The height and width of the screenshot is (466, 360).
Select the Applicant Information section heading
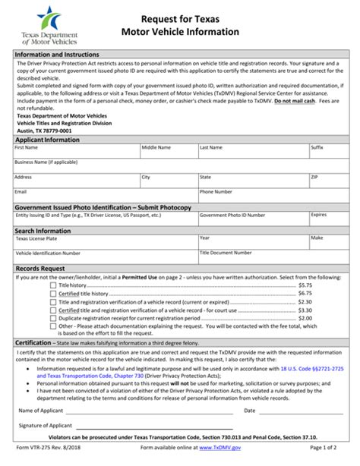pos(47,140)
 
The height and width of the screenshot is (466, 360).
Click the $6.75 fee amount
pos(305,293)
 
